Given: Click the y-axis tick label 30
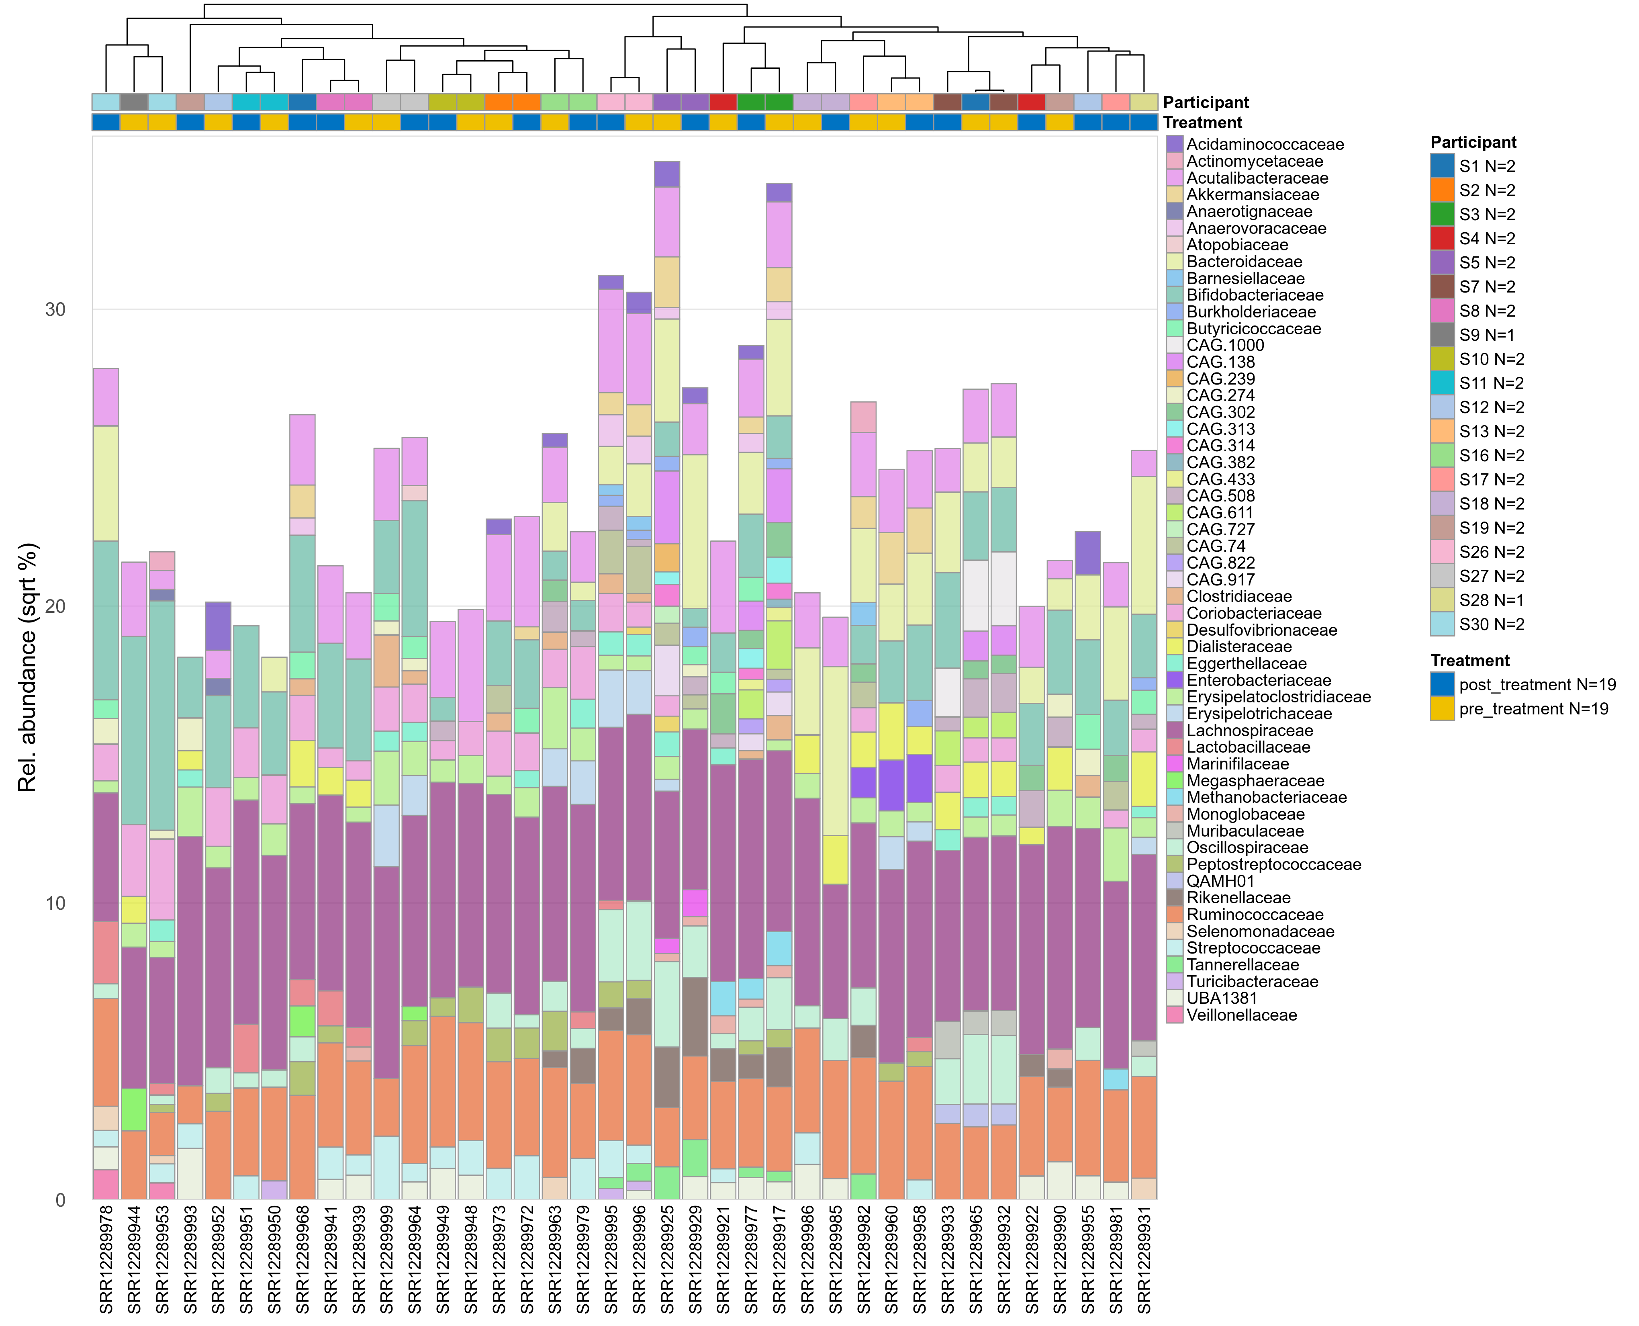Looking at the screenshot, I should click(x=55, y=309).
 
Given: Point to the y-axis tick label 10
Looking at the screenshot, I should click(x=55, y=903).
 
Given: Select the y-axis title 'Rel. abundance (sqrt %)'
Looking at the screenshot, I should click(x=27, y=667).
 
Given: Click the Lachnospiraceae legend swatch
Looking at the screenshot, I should click(x=1175, y=731).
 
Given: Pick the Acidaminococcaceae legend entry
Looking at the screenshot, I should click(x=1264, y=144).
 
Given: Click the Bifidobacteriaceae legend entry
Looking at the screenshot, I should click(x=1254, y=295).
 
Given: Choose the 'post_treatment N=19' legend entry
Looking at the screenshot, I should click(x=1537, y=685).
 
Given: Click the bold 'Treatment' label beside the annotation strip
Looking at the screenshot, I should click(x=1202, y=123).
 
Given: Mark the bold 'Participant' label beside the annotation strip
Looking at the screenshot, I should click(x=1205, y=102).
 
